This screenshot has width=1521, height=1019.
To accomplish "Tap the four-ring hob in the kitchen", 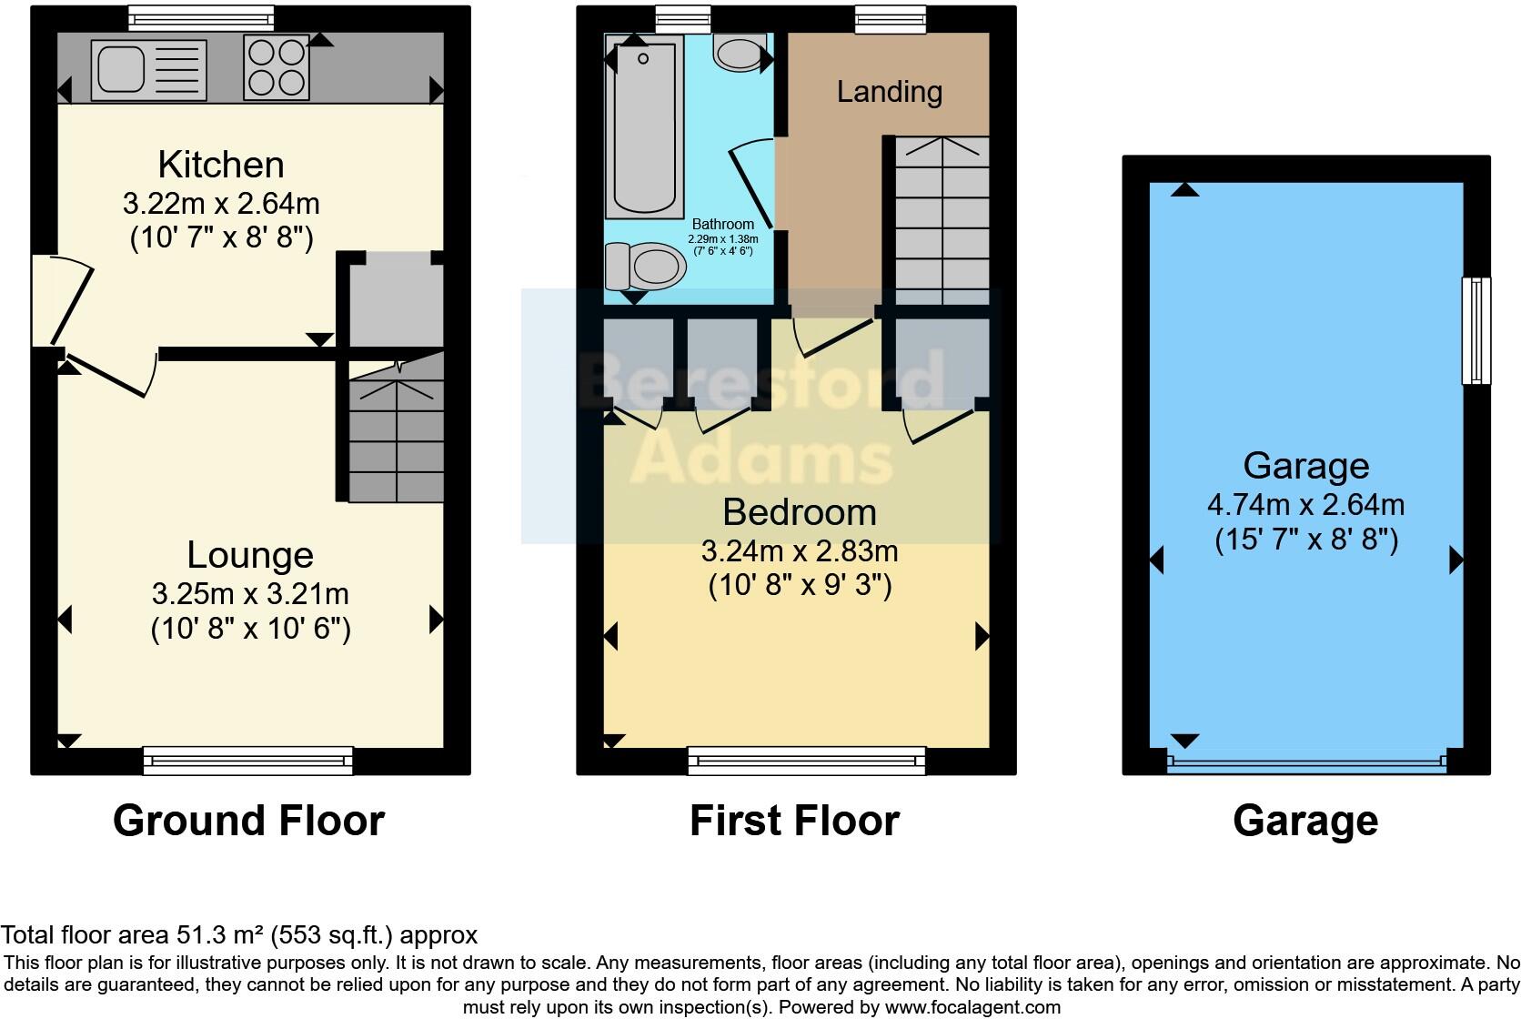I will click(x=276, y=69).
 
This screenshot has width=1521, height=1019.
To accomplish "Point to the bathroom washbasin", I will click(x=739, y=53).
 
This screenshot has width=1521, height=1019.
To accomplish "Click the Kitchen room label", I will click(x=221, y=165).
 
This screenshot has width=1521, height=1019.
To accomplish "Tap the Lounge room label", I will click(x=250, y=555).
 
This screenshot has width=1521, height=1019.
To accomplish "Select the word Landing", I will click(x=889, y=92).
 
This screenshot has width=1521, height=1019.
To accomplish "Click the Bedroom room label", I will click(x=800, y=512).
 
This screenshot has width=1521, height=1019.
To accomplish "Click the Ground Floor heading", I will click(x=248, y=821).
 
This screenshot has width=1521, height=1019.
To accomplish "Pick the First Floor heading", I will click(x=794, y=821).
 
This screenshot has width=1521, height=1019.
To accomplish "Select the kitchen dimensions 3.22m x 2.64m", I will click(x=221, y=203).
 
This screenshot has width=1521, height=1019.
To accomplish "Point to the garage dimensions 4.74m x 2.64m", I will click(x=1305, y=504).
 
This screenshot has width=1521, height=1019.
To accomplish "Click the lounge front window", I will click(x=247, y=760).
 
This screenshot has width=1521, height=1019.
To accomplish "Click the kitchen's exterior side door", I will click(x=64, y=300).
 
